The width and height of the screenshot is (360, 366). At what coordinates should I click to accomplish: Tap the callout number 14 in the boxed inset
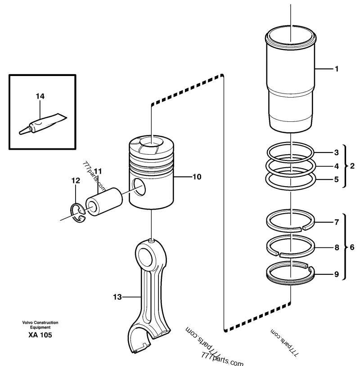[x=40, y=96]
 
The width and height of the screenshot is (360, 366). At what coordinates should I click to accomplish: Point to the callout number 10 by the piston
[x=197, y=177]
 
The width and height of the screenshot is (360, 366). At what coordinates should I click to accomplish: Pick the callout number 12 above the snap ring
[x=76, y=180]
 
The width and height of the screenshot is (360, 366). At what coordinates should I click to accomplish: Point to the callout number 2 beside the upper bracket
[x=352, y=166]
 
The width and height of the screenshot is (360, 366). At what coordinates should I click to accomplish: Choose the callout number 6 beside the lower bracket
[x=352, y=247]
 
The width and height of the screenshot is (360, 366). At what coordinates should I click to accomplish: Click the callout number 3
[x=336, y=153]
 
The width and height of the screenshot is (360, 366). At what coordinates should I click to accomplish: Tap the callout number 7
[x=336, y=222]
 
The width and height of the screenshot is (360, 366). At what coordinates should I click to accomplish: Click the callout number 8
[x=336, y=247]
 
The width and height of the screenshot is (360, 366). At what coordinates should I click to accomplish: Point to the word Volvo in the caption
[x=27, y=323]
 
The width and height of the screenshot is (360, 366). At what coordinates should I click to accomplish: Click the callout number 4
[x=336, y=166]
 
